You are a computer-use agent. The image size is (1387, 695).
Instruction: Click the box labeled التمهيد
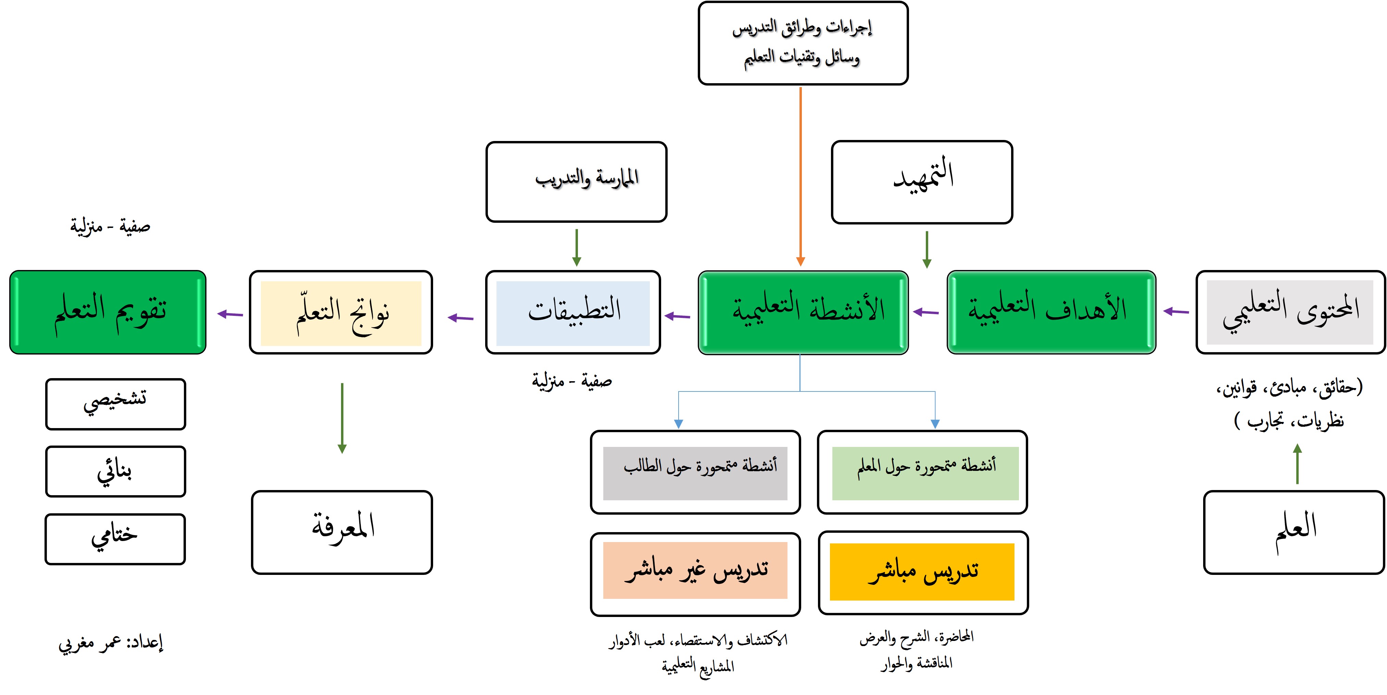point(922,182)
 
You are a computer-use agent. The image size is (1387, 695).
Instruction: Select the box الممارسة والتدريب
point(576,181)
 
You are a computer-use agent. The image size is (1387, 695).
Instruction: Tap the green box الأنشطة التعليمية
point(803,312)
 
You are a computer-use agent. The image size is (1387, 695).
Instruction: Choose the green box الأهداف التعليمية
point(1051,312)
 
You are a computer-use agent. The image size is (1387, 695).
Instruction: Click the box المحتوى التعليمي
point(1290,312)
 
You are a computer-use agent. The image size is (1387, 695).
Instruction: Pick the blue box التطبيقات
point(573,312)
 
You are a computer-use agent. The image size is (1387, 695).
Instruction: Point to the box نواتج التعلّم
point(341,312)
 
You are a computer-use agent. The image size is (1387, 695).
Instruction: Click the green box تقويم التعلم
point(108,312)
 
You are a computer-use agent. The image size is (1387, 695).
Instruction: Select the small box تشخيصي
point(115,404)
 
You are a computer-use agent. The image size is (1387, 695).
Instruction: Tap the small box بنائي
point(115,471)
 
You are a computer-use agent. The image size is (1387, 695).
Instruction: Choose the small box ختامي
point(115,539)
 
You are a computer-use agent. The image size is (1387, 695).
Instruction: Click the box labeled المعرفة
point(342,532)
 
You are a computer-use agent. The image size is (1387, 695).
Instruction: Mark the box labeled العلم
point(1294,532)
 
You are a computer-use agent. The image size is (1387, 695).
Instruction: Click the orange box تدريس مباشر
point(922,572)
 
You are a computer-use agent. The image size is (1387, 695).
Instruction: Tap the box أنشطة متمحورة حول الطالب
point(695,472)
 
